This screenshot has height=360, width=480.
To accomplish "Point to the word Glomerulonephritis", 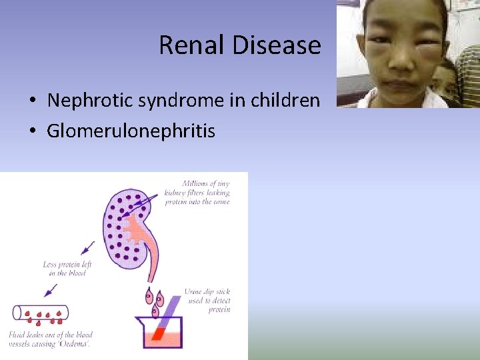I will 131,131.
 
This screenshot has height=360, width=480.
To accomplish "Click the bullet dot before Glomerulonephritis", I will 33,131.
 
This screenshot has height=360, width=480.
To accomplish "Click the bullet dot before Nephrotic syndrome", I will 33,101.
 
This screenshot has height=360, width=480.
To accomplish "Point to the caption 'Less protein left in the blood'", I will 67,269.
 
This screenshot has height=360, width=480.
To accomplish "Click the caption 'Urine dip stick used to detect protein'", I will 207,301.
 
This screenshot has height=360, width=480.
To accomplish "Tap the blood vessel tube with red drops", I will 41,313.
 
